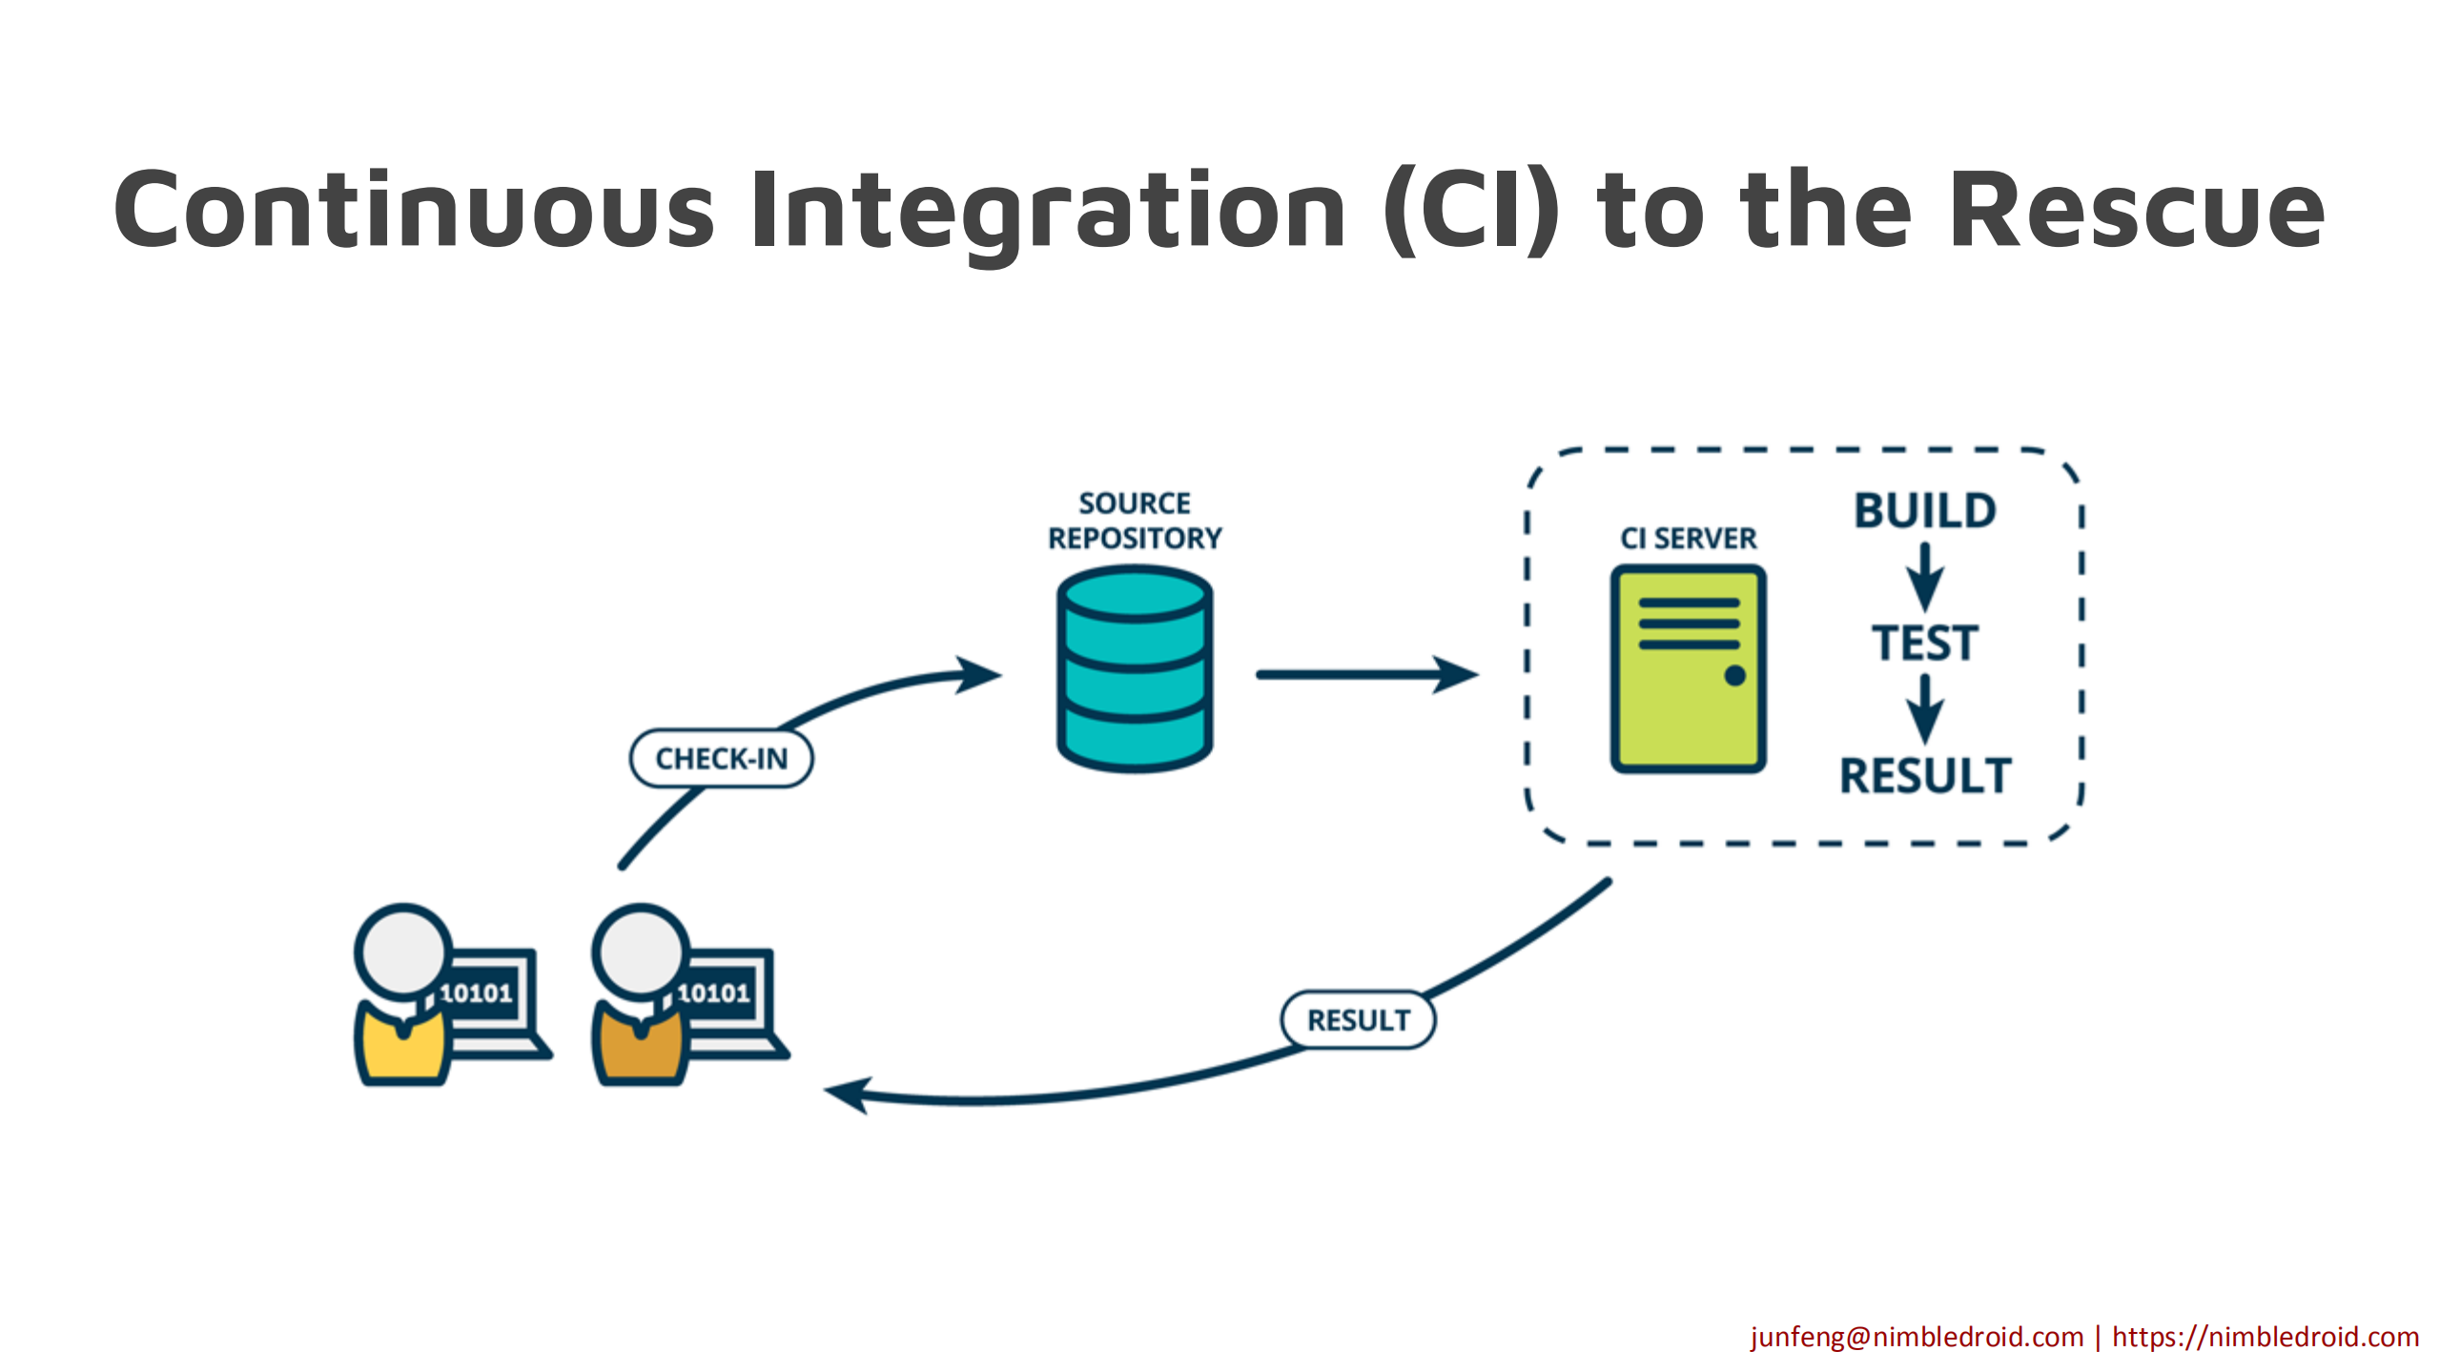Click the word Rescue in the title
pyautogui.click(x=2136, y=210)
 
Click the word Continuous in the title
pyautogui.click(x=415, y=210)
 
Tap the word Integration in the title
pyautogui.click(x=1049, y=210)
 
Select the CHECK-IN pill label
pyautogui.click(x=722, y=759)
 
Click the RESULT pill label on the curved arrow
pyautogui.click(x=1358, y=1020)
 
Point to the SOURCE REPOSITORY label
pyautogui.click(x=1135, y=521)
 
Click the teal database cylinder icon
pyautogui.click(x=1135, y=667)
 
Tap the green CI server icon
pyautogui.click(x=1688, y=667)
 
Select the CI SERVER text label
pyautogui.click(x=1688, y=539)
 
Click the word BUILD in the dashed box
pyautogui.click(x=1925, y=511)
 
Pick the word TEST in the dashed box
pyautogui.click(x=1925, y=643)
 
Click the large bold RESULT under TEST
pyautogui.click(x=1925, y=775)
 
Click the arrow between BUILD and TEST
pyautogui.click(x=1925, y=577)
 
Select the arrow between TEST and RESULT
pyautogui.click(x=1925, y=708)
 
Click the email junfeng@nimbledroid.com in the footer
pyautogui.click(x=1917, y=1337)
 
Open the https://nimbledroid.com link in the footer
pyautogui.click(x=2266, y=1337)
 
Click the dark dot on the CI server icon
pyautogui.click(x=1734, y=676)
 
